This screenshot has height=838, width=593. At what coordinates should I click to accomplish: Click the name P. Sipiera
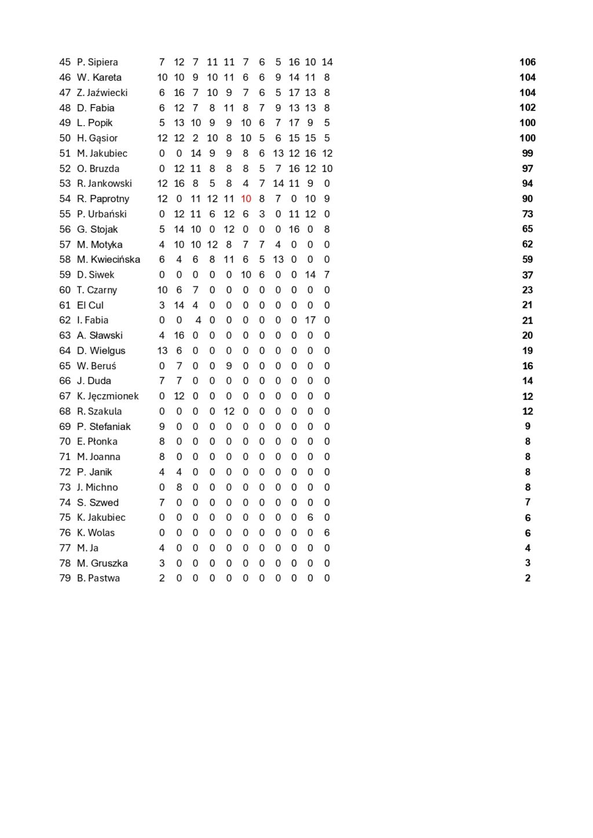[x=97, y=62]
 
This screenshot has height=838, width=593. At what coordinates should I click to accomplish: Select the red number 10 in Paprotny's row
[x=246, y=199]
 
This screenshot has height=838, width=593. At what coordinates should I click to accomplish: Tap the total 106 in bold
[x=527, y=62]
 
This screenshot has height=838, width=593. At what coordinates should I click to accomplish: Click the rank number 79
[x=65, y=578]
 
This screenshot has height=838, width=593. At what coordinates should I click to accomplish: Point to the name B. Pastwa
[x=98, y=578]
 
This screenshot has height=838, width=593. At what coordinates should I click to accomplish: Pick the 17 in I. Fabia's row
[x=310, y=320]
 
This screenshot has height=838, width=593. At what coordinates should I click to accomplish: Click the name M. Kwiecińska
[x=108, y=259]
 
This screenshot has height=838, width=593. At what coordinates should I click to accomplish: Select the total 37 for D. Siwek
[x=527, y=275]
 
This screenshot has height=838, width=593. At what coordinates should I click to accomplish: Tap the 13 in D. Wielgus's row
[x=162, y=351]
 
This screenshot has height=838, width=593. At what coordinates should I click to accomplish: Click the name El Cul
[x=90, y=305]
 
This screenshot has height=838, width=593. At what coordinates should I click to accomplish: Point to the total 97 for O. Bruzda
[x=527, y=168]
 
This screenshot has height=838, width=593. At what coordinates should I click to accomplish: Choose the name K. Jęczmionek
[x=108, y=396]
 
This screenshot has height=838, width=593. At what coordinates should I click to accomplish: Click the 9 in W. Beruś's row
[x=229, y=366]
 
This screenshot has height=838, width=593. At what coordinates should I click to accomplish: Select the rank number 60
[x=65, y=290]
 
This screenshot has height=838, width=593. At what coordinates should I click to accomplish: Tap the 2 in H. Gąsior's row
[x=196, y=138]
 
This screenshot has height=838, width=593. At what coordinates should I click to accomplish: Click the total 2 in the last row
[x=527, y=578]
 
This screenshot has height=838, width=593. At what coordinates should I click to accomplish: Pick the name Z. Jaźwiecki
[x=102, y=93]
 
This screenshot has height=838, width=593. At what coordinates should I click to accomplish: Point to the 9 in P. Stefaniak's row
[x=162, y=427]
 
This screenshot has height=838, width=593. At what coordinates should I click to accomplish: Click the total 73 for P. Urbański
[x=527, y=214]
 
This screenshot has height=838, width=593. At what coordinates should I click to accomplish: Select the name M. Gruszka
[x=102, y=563]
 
